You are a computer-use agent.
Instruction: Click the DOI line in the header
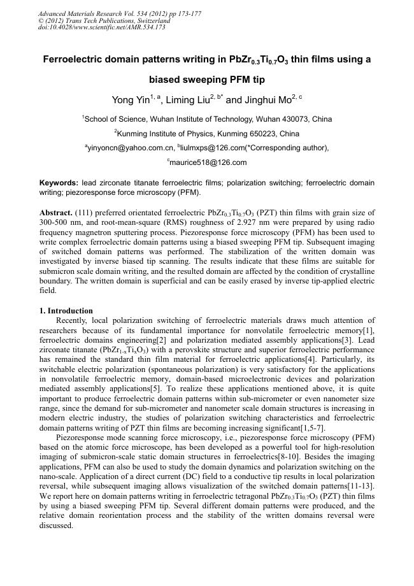102,27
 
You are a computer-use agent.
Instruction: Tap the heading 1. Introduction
66,311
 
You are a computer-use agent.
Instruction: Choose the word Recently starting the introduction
74,320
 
